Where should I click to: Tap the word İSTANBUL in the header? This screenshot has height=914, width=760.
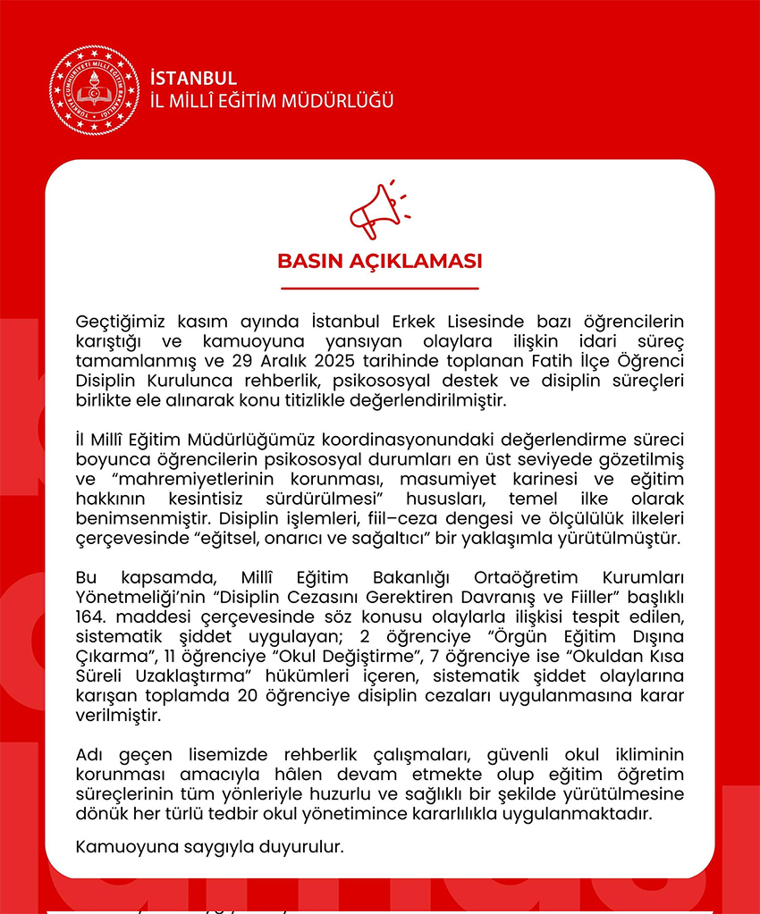coord(193,79)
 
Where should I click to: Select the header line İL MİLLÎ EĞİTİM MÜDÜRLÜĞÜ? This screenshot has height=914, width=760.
coord(272,101)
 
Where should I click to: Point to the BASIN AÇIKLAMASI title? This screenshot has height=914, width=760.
coord(380,262)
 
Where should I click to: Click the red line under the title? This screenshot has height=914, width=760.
coord(380,289)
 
